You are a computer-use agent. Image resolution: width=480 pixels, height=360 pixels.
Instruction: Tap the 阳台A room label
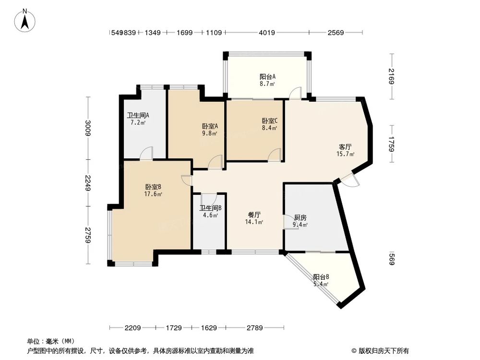coord(267,80)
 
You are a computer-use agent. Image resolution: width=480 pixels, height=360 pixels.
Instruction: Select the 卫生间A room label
coord(138,119)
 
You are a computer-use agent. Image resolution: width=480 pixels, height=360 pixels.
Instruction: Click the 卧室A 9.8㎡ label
coord(210,130)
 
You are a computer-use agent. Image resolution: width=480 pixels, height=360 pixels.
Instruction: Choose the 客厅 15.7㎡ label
coord(345,150)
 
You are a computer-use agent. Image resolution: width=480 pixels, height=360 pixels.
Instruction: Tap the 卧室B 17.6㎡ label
coord(153,190)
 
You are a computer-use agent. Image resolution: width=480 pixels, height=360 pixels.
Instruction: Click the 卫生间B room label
coord(210,211)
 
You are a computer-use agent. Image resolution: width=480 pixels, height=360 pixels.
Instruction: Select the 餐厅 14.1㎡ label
coord(254,218)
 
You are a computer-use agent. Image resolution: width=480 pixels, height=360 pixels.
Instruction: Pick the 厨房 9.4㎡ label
coord(300,220)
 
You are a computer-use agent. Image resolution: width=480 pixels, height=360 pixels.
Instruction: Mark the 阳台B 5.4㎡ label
coord(321,280)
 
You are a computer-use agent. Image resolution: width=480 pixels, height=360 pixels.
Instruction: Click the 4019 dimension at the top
coord(266,33)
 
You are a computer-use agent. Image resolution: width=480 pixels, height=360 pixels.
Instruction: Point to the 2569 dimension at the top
coord(336,33)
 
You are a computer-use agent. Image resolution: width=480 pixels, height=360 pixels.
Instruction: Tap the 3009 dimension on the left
coord(88,128)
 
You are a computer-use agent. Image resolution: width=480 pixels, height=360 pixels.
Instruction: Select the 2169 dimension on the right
coord(392,77)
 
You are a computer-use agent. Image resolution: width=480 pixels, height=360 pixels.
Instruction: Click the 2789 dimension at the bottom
coord(254,328)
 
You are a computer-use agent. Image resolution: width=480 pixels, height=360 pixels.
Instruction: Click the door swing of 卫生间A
coord(146,153)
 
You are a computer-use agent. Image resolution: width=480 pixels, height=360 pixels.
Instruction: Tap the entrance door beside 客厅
coord(350,180)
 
